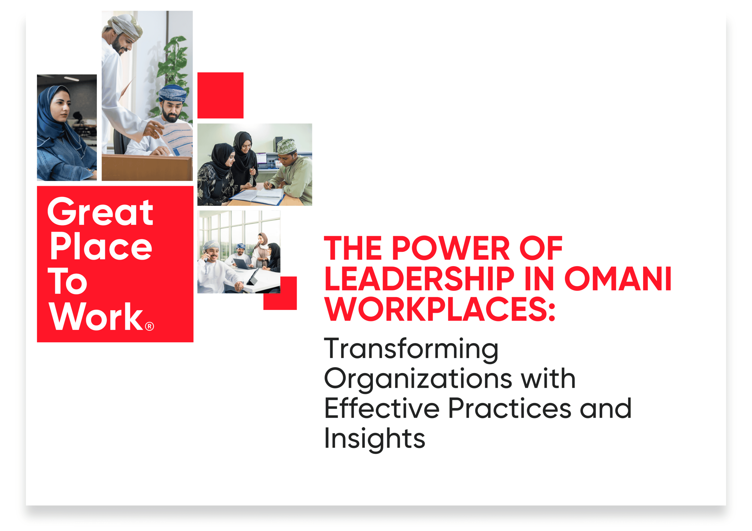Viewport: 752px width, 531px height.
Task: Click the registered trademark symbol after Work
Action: (x=149, y=327)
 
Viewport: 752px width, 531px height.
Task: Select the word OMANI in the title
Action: (x=618, y=279)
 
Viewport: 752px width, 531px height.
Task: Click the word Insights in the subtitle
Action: (x=374, y=439)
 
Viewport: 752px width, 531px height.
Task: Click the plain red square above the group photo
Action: (x=220, y=95)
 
